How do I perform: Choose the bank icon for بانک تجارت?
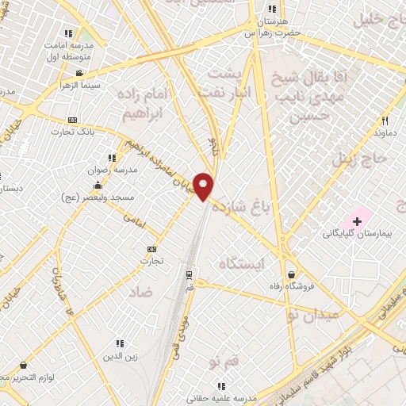coord(72,119)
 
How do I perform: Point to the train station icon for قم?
coord(189,275)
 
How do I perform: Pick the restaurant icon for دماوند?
coord(385,121)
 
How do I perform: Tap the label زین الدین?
coord(121,355)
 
